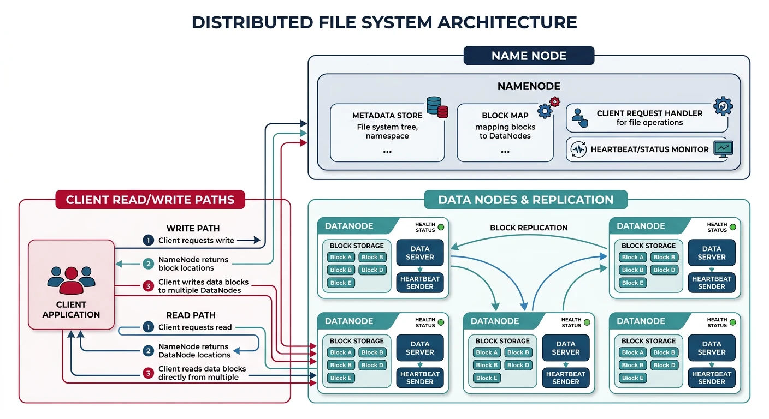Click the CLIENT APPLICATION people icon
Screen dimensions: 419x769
coord(71,280)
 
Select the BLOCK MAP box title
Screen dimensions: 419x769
coord(505,116)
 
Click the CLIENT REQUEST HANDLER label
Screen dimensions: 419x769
coord(649,113)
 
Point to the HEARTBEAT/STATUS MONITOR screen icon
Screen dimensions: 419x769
coord(723,149)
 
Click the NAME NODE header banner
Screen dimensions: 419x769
coord(529,56)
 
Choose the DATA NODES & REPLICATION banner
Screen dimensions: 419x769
coord(525,200)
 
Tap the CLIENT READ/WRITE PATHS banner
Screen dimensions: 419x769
coord(150,200)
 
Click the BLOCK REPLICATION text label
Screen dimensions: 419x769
coord(529,228)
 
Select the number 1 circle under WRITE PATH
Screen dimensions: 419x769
coord(148,240)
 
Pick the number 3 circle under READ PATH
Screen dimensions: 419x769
coord(148,373)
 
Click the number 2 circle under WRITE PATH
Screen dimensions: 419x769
coord(148,264)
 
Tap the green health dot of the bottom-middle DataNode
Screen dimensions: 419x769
coord(587,322)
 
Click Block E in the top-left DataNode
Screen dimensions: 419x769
coord(341,283)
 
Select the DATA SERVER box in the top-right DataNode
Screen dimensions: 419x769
coord(712,253)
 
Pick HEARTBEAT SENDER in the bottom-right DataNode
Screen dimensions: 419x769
coord(712,378)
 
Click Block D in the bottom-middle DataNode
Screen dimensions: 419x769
coord(518,365)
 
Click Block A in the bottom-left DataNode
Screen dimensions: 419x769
coord(341,352)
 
